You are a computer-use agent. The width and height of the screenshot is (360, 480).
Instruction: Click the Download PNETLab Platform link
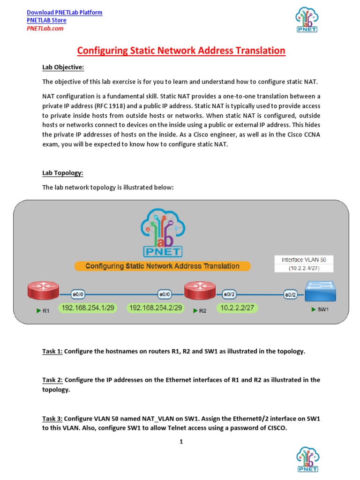[64, 12]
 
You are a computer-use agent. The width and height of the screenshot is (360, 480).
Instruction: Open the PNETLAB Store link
[46, 20]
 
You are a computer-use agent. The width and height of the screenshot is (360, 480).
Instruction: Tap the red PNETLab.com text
[45, 28]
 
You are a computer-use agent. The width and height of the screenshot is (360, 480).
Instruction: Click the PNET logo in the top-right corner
[306, 20]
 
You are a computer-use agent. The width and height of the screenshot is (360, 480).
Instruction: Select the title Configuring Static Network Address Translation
[181, 50]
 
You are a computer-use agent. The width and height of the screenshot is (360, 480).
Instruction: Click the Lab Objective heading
[63, 67]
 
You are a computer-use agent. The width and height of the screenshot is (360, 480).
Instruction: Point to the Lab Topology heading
[62, 173]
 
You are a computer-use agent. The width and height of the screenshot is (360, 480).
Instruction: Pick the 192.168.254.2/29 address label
[156, 308]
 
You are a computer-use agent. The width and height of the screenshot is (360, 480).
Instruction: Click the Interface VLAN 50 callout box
[304, 264]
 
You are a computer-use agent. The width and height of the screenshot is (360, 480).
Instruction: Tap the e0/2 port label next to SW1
[291, 295]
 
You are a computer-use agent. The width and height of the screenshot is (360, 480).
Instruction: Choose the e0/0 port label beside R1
[77, 295]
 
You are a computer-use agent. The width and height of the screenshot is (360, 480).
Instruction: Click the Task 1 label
[52, 352]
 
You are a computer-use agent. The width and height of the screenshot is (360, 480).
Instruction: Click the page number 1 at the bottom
[180, 442]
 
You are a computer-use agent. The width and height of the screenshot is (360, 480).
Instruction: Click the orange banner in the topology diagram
[162, 266]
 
